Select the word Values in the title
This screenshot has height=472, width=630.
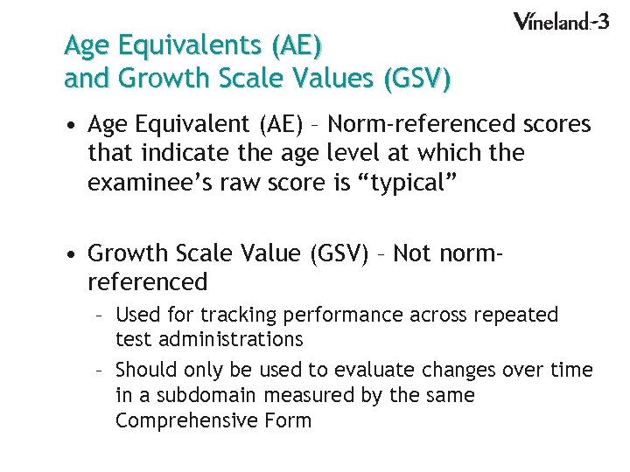[x=325, y=80]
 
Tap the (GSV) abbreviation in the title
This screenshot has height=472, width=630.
[x=416, y=80]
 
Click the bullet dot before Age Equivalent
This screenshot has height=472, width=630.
[x=73, y=126]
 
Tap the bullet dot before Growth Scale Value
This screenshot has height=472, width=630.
[x=73, y=253]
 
